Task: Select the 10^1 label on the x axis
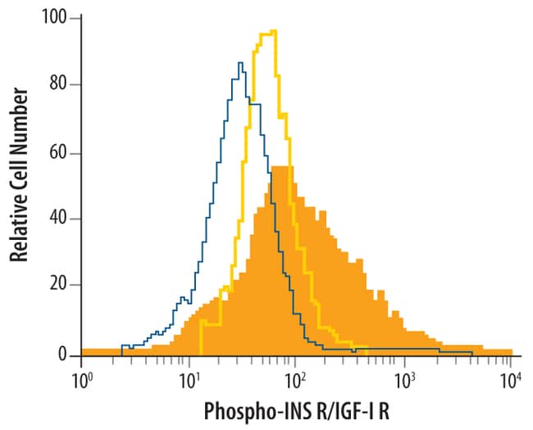pyautogui.click(x=189, y=381)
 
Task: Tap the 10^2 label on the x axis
pyautogui.click(x=296, y=381)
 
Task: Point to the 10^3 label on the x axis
pyautogui.click(x=403, y=381)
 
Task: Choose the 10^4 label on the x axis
pyautogui.click(x=511, y=381)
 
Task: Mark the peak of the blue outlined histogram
pyautogui.click(x=239, y=62)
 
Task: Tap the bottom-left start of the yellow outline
pyautogui.click(x=200, y=354)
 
